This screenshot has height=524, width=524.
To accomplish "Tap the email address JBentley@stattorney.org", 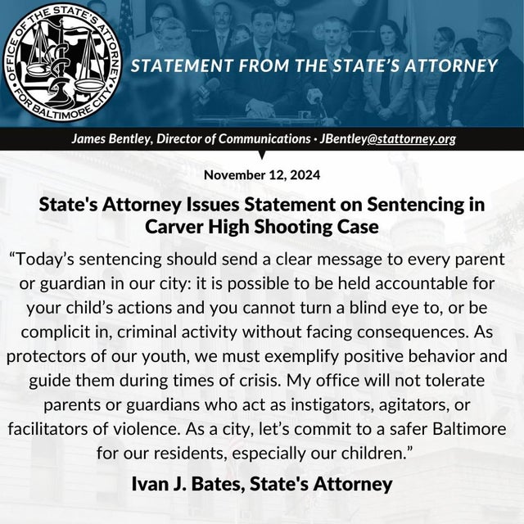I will coord(388,138).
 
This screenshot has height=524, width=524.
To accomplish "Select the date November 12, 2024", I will coord(262,174).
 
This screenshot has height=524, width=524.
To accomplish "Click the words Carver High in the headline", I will coord(191,225).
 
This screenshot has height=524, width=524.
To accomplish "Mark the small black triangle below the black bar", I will coord(262,153).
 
